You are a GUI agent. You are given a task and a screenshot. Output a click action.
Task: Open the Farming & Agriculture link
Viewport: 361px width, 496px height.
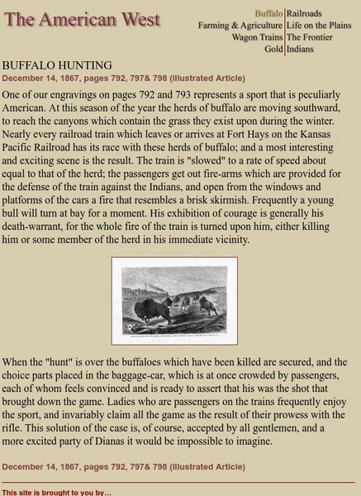coord(240,26)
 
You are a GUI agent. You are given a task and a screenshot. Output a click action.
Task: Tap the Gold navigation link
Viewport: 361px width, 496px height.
coord(273,49)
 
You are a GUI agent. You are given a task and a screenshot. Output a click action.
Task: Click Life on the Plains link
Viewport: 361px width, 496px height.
coord(319,26)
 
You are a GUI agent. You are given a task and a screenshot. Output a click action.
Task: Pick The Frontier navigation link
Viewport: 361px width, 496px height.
coord(310,37)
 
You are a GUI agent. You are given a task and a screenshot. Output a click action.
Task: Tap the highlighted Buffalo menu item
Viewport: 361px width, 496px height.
coord(268,14)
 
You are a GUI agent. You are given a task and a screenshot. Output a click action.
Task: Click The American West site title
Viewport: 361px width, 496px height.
coord(83,20)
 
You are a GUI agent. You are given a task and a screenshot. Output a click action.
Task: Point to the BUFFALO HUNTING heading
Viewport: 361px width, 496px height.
coord(57,65)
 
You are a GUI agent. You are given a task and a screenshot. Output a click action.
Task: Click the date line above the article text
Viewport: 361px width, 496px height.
coord(123,79)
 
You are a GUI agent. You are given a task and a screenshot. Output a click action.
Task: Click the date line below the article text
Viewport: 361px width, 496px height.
coord(123,466)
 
